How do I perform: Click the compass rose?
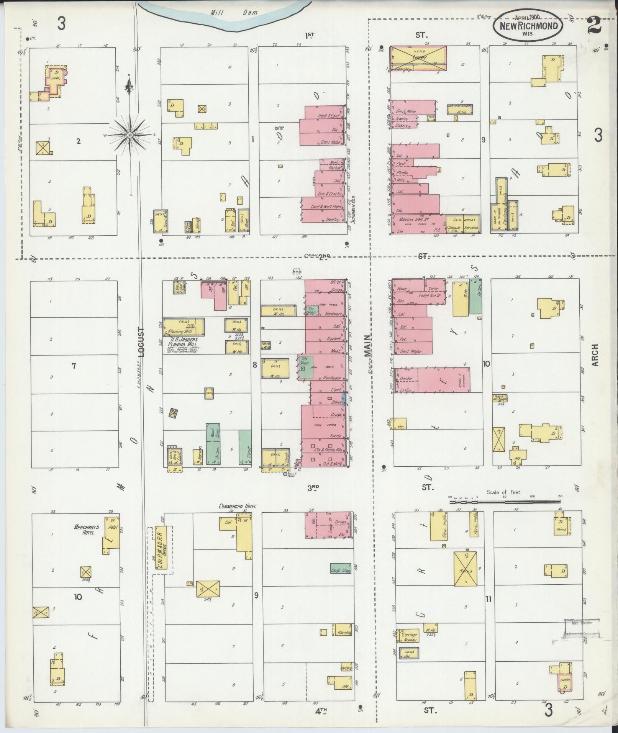click(130, 134)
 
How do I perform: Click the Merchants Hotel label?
click(87, 529)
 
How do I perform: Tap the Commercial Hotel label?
click(237, 506)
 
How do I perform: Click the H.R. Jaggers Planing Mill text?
click(182, 342)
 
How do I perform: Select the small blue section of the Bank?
click(344, 399)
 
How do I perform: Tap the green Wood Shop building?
click(213, 444)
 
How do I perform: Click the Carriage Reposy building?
click(409, 636)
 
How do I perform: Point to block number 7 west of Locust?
click(74, 366)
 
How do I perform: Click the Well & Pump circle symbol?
click(285, 474)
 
